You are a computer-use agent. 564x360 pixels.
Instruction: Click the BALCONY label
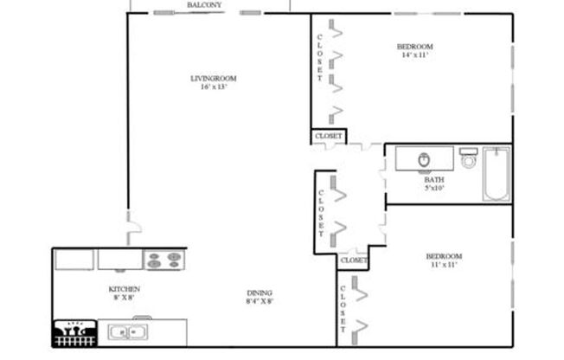point(204,5)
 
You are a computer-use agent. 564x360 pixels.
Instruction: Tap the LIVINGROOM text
point(213,79)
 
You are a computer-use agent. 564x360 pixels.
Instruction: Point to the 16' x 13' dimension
point(213,87)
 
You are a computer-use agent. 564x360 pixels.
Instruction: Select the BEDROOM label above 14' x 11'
point(414,47)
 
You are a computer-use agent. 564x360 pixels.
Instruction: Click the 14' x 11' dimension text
point(414,55)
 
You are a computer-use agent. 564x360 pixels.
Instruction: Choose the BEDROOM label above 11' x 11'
point(444,256)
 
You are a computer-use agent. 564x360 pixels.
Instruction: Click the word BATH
point(433,180)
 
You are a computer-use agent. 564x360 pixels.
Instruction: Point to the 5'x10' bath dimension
point(433,188)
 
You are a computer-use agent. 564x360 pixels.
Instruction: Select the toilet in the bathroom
point(469,160)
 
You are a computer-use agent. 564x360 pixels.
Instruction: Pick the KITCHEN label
point(124,289)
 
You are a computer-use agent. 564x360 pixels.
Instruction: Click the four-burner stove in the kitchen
point(163,259)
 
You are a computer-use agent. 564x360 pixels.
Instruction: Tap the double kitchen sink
point(128,331)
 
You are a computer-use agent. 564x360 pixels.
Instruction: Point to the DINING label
point(260,292)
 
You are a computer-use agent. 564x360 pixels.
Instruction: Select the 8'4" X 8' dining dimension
point(260,301)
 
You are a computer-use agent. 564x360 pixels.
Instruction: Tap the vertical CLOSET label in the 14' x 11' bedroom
point(320,61)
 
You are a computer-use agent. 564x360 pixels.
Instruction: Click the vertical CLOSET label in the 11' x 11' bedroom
point(343,310)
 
